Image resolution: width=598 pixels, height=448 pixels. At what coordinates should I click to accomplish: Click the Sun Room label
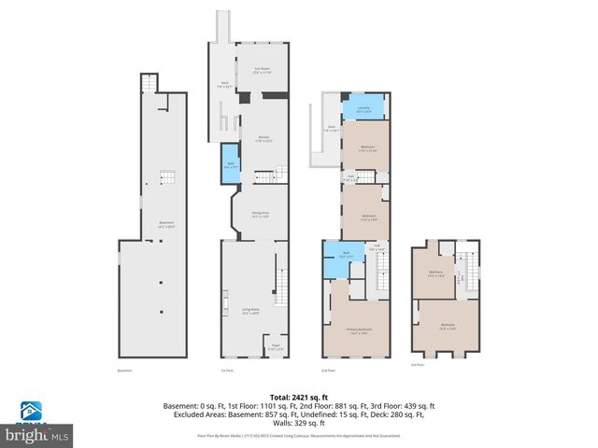coord(260,69)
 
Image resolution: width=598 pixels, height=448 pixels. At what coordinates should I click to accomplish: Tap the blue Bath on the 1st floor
coord(230,164)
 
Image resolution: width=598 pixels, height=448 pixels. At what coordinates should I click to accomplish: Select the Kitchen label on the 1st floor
coord(264,139)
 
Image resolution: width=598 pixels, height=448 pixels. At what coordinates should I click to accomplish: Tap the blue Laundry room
coord(363,109)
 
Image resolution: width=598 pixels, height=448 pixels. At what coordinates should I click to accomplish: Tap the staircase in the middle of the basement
coord(166,178)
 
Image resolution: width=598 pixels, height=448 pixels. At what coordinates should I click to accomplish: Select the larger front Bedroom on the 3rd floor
coord(447,326)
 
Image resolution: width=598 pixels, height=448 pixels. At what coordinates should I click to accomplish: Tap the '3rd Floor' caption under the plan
coord(417,365)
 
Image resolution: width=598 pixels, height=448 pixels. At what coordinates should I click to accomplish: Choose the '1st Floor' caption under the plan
coord(226,371)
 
